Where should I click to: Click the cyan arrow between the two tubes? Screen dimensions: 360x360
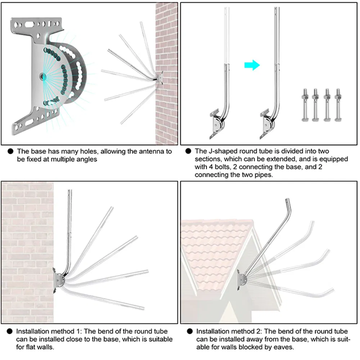252,65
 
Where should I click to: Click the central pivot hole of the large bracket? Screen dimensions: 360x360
42,76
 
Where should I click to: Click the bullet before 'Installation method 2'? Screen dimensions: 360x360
190,331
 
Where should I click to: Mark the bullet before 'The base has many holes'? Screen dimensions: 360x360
10,152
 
